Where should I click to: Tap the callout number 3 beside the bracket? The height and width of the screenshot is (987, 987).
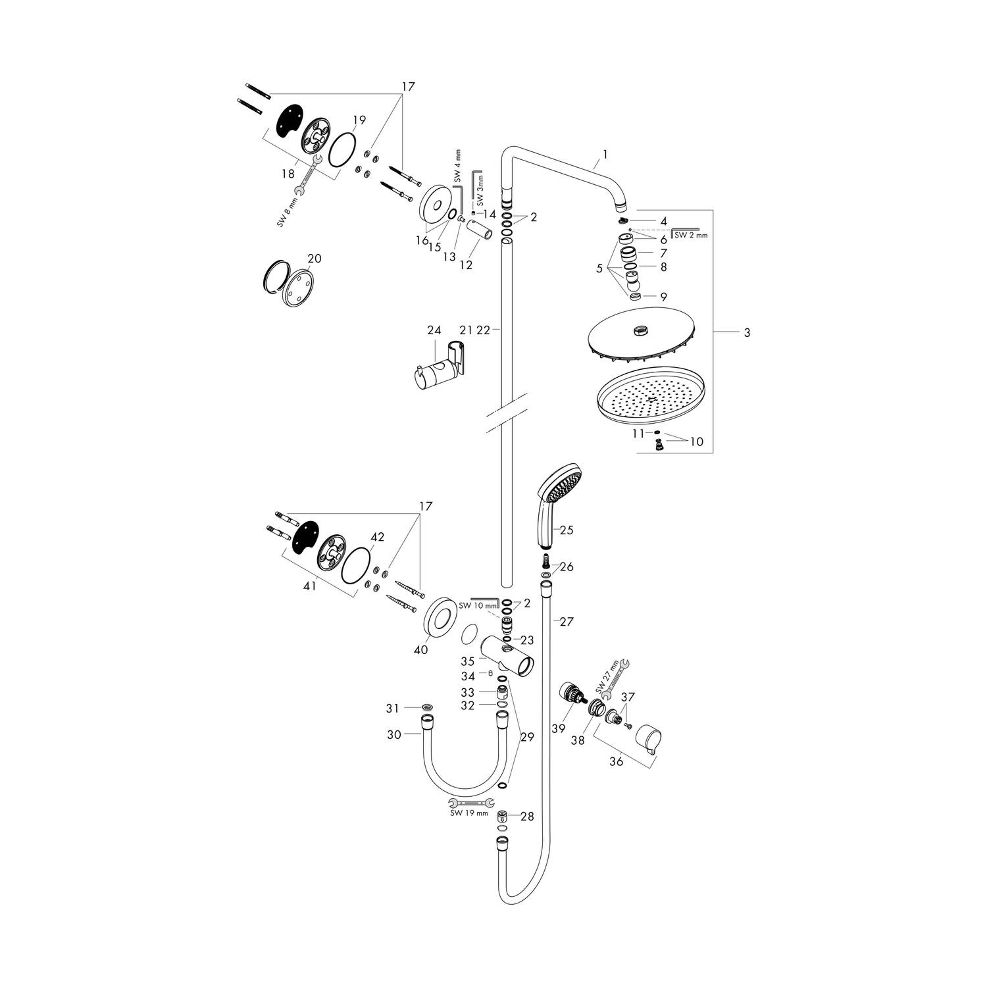tap(747, 333)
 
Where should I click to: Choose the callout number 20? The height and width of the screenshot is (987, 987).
tap(315, 259)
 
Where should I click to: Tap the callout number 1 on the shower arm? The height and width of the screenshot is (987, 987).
tap(605, 155)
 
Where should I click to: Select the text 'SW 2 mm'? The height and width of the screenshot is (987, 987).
tap(691, 235)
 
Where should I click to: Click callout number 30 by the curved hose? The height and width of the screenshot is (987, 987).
tap(393, 735)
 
